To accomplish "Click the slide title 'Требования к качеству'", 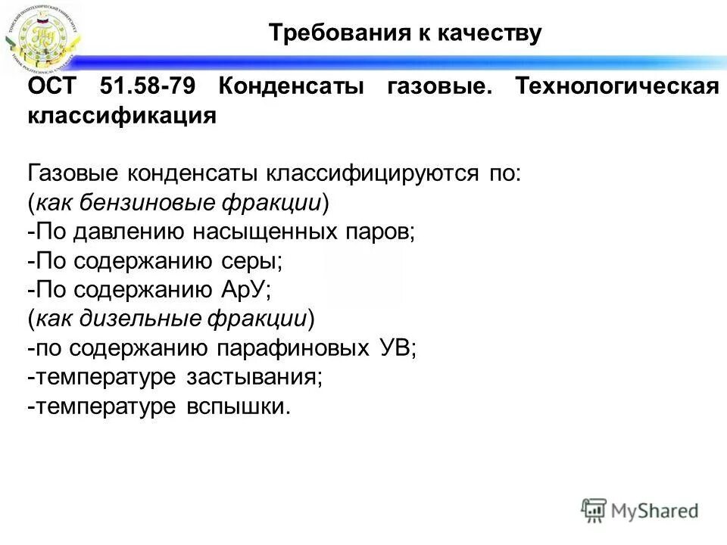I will [x=406, y=34].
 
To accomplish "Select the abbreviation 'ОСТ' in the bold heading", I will [x=52, y=86].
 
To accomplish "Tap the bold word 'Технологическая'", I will [x=617, y=86].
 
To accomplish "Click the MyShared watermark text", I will [x=654, y=510].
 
